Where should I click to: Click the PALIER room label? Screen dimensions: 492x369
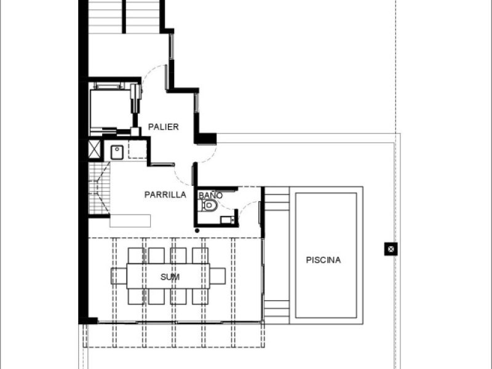click(163, 127)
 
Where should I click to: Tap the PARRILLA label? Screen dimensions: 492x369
click(165, 194)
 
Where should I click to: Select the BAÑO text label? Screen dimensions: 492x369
click(210, 195)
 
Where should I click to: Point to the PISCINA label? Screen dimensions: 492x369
click(323, 260)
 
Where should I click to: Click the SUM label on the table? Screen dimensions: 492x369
click(170, 277)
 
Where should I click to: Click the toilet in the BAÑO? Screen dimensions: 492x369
click(208, 205)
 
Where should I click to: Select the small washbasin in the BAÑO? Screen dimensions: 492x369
click(228, 220)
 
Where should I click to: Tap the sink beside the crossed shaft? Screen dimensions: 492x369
click(117, 152)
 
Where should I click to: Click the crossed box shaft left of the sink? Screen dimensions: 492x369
click(94, 149)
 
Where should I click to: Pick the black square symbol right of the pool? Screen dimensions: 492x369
click(391, 249)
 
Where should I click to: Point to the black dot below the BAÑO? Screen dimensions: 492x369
click(197, 231)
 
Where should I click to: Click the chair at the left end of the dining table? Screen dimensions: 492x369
click(119, 276)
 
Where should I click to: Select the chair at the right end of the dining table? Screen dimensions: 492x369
click(218, 276)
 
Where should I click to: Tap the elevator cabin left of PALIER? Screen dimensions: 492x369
click(110, 109)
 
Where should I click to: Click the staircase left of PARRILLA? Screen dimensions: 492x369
click(99, 188)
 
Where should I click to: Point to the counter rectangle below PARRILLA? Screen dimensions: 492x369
click(130, 221)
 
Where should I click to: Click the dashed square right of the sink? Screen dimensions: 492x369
click(137, 149)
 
